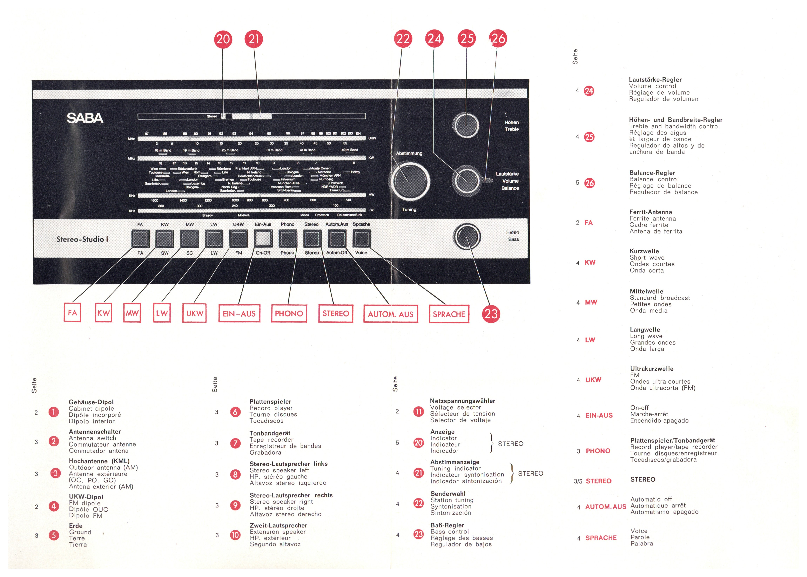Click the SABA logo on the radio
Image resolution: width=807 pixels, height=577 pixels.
tap(85, 118)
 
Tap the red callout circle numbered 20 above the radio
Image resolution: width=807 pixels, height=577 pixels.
tap(223, 39)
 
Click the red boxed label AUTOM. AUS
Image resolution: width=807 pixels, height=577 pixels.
tap(391, 314)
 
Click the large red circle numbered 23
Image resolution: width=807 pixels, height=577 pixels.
tap(491, 314)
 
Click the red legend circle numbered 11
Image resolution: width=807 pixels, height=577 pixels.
tap(419, 411)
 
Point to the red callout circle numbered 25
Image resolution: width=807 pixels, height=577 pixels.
tap(467, 38)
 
